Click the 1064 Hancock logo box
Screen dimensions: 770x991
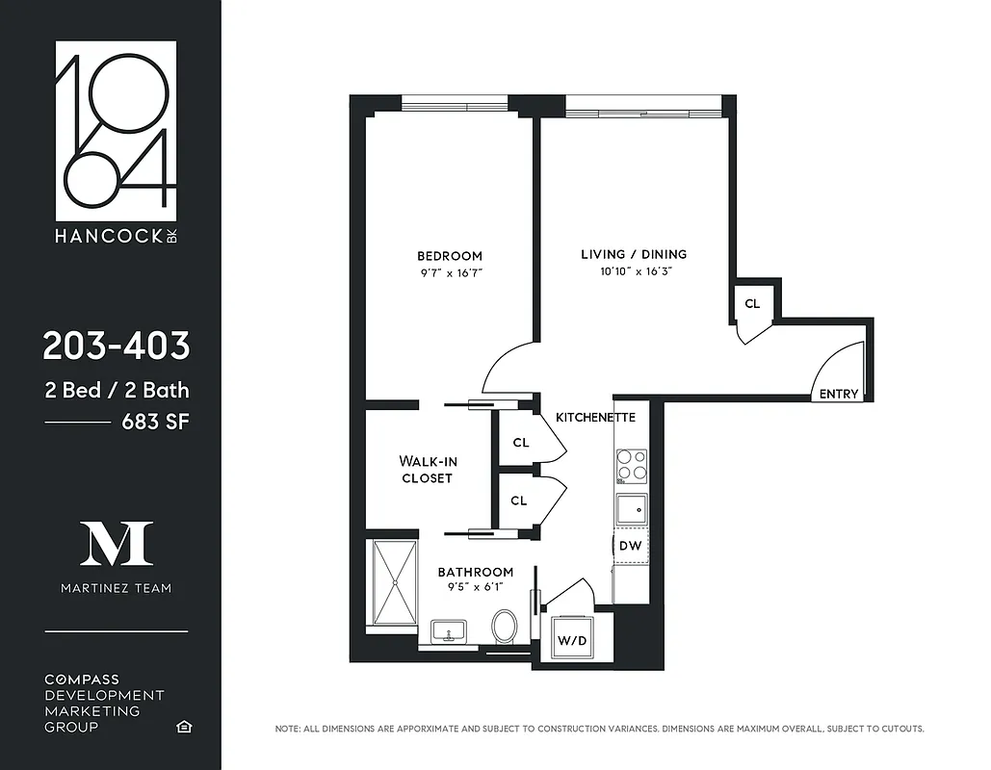116,131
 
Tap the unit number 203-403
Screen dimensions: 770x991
116,346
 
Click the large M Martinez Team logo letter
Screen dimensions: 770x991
116,545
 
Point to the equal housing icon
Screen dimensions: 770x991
183,726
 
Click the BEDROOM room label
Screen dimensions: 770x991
449,256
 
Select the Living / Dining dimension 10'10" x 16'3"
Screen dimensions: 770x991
634,272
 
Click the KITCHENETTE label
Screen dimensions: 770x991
595,418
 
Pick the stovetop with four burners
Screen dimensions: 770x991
632,466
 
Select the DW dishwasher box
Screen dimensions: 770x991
631,546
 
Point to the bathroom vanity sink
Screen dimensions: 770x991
449,632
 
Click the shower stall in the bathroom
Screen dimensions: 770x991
394,585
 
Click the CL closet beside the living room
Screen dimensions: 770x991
752,304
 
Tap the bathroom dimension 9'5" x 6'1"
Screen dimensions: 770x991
475,587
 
